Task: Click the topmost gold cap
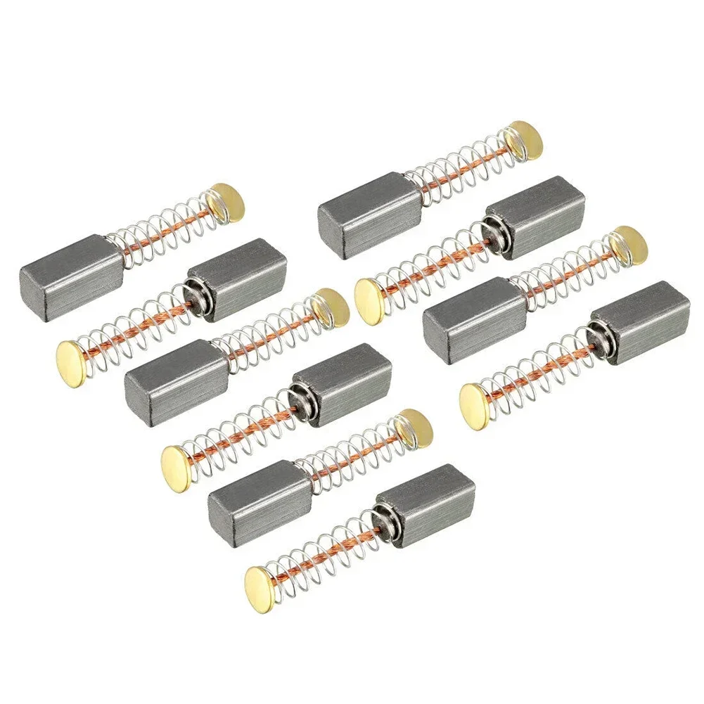pyautogui.click(x=525, y=139)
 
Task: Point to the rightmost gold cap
pyautogui.click(x=628, y=244)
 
